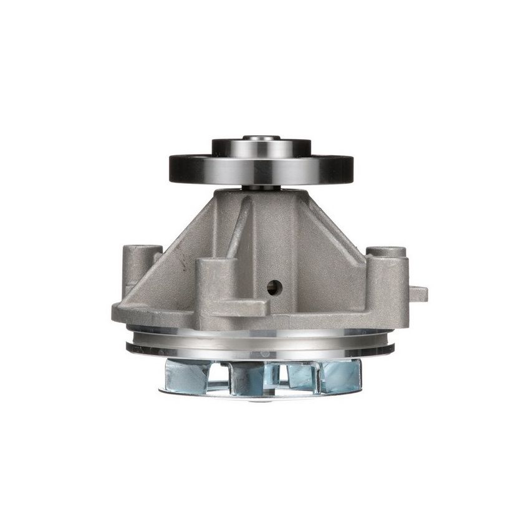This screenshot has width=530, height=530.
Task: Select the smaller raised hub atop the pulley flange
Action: coord(261,148)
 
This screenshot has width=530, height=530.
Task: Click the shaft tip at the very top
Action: coord(261,137)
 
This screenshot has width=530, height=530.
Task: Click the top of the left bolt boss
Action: coord(142,249)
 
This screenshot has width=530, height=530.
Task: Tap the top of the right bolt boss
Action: coord(385,251)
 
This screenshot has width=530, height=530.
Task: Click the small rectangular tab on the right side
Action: coord(418,293)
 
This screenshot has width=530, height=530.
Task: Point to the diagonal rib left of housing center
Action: coord(239,231)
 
